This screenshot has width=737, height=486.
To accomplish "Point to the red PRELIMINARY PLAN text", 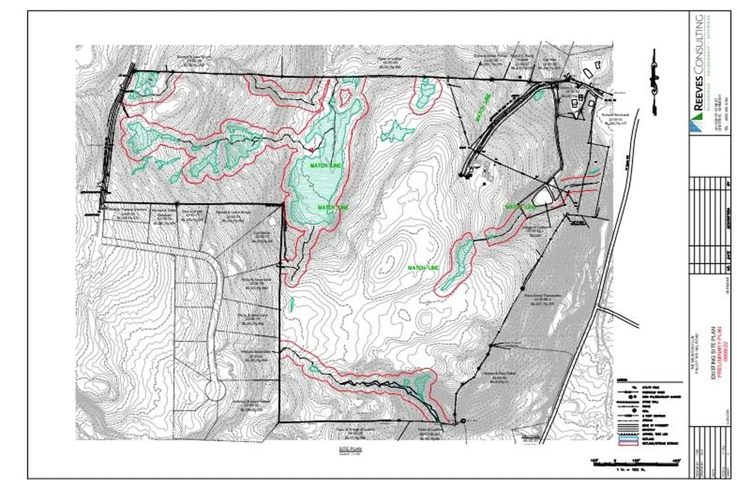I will pyautogui.click(x=717, y=352).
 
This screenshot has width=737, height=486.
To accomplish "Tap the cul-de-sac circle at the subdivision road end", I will pyautogui.click(x=215, y=390).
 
